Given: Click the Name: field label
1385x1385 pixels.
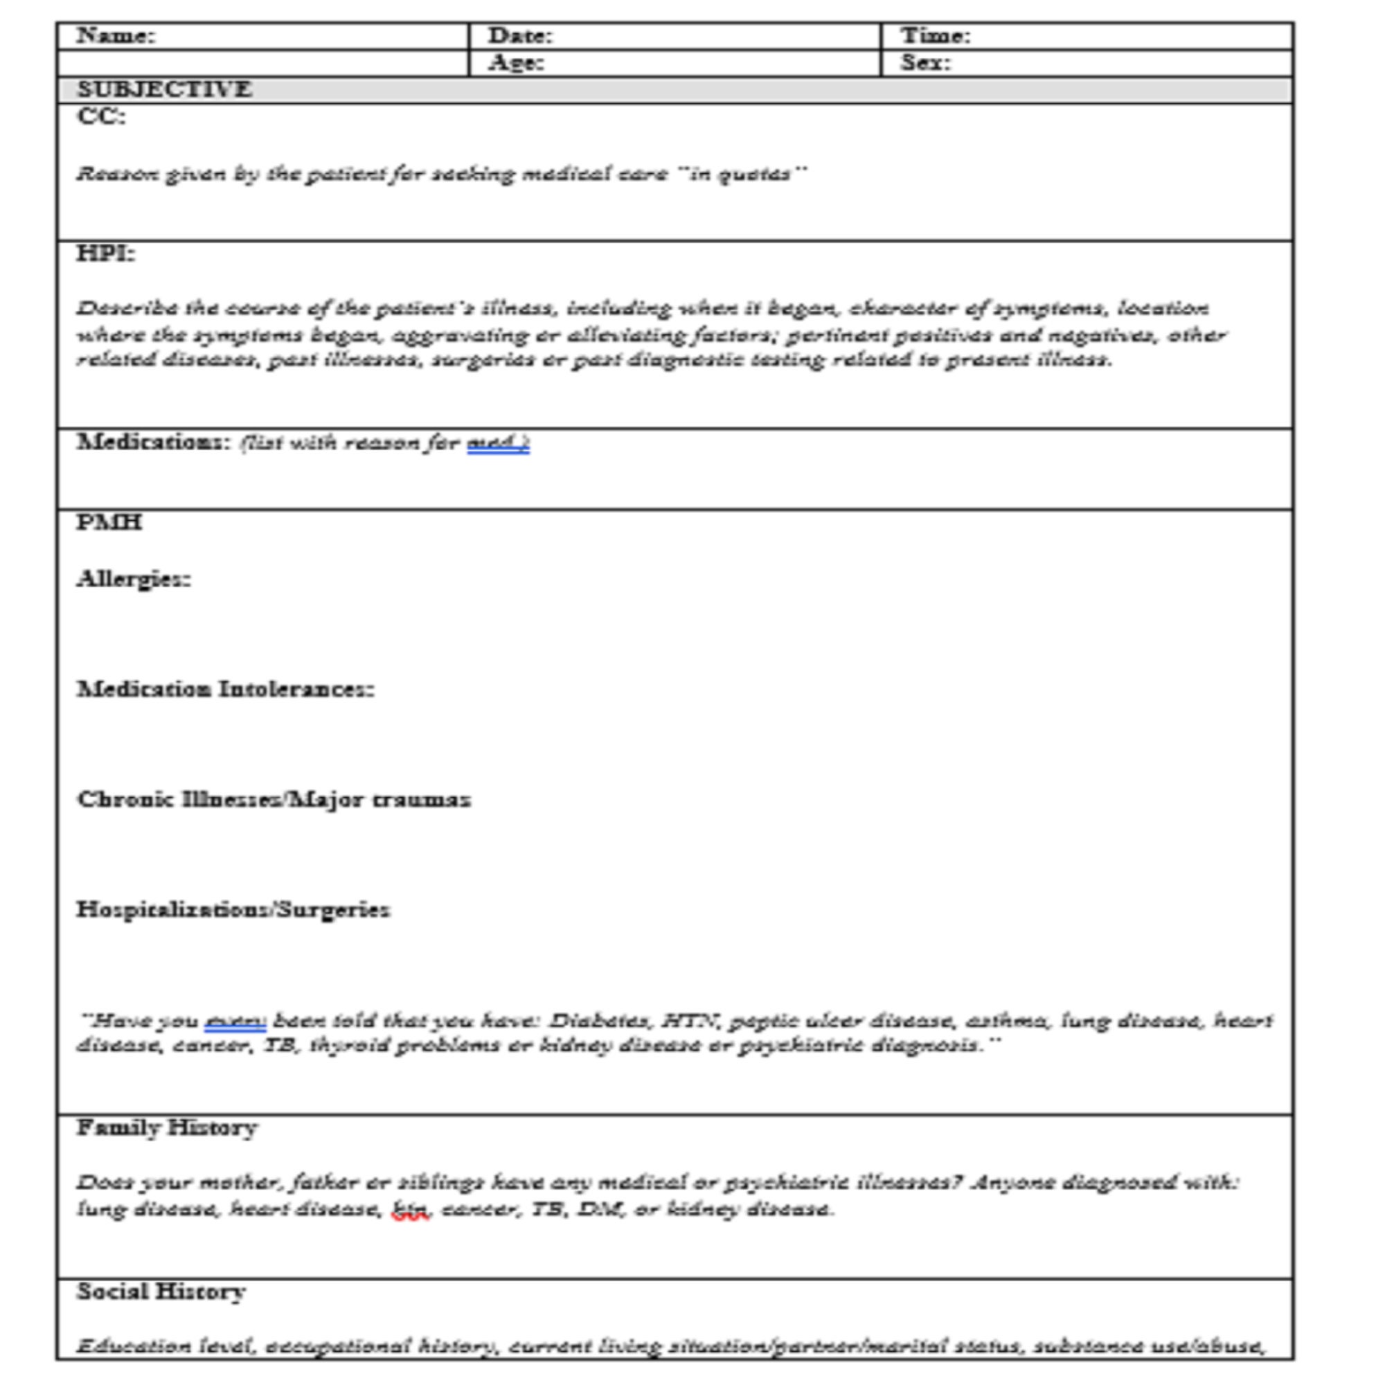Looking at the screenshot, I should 116,36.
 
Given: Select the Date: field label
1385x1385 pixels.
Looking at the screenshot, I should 521,36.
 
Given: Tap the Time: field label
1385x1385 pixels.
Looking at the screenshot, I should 936,36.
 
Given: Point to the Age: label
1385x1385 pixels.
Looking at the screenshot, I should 516,63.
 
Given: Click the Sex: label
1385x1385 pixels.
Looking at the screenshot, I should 925,63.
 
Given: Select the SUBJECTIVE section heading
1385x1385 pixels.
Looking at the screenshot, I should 164,89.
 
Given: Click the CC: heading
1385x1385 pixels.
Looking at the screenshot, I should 101,117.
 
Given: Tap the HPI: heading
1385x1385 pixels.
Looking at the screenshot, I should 106,253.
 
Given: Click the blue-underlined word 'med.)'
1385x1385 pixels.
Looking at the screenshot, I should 497,444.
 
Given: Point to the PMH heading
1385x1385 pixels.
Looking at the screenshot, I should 109,523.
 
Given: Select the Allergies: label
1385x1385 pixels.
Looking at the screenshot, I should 134,579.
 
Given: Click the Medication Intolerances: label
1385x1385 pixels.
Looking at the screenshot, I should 225,690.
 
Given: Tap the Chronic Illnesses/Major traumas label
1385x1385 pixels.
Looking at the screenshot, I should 273,799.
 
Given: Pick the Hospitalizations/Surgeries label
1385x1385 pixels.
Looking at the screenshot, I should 233,910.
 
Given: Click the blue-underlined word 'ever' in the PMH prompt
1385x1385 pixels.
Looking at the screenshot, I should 235,1021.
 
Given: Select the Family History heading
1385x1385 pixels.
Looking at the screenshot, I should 167,1127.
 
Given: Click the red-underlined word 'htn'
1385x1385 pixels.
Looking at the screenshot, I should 410,1210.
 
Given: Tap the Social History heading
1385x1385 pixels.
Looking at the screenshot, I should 161,1292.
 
